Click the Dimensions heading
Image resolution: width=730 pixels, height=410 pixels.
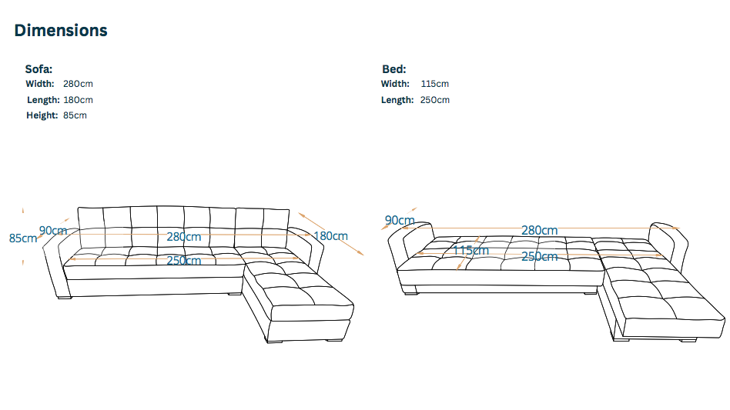click(x=61, y=31)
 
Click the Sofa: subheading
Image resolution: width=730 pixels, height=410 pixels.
click(x=39, y=69)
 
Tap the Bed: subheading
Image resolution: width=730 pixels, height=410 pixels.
click(x=393, y=69)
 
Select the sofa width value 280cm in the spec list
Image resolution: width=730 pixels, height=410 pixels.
click(x=78, y=84)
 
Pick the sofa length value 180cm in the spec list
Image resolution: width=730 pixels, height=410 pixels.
click(x=78, y=100)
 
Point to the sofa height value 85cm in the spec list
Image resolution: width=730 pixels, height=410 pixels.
click(x=75, y=115)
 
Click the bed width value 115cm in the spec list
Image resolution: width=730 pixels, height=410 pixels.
click(x=435, y=84)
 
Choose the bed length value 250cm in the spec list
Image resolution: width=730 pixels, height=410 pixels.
click(x=435, y=100)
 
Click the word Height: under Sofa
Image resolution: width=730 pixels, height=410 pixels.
click(x=42, y=115)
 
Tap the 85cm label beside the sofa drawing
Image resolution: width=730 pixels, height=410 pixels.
click(x=23, y=238)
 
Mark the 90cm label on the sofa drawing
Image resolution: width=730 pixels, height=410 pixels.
click(x=53, y=231)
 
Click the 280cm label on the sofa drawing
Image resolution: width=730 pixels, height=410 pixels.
click(x=184, y=237)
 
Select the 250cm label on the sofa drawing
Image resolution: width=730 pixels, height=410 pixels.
click(x=184, y=260)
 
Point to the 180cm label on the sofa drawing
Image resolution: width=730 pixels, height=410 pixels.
click(x=330, y=236)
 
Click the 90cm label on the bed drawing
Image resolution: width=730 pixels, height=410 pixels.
click(x=400, y=220)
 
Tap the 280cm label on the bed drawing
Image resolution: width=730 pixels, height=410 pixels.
click(x=540, y=231)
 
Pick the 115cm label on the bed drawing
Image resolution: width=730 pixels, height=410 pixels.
click(x=470, y=251)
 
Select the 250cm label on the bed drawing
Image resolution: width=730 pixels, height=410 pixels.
click(x=540, y=257)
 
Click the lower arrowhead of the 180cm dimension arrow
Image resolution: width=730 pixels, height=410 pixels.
click(x=361, y=253)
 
